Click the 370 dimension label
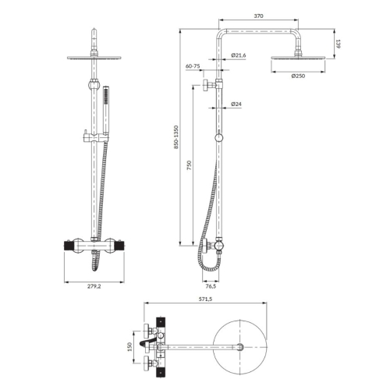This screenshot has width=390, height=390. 258,16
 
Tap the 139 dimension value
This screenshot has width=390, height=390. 338,44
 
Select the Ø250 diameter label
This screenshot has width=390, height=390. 298,76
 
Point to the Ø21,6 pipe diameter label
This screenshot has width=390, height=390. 239,55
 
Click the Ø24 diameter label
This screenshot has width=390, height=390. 236,104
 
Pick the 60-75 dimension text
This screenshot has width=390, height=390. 193,66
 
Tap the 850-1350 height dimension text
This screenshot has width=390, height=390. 176,137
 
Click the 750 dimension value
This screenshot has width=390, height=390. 190,165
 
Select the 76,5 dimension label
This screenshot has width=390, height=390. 211,286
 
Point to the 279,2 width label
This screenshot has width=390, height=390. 94,286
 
